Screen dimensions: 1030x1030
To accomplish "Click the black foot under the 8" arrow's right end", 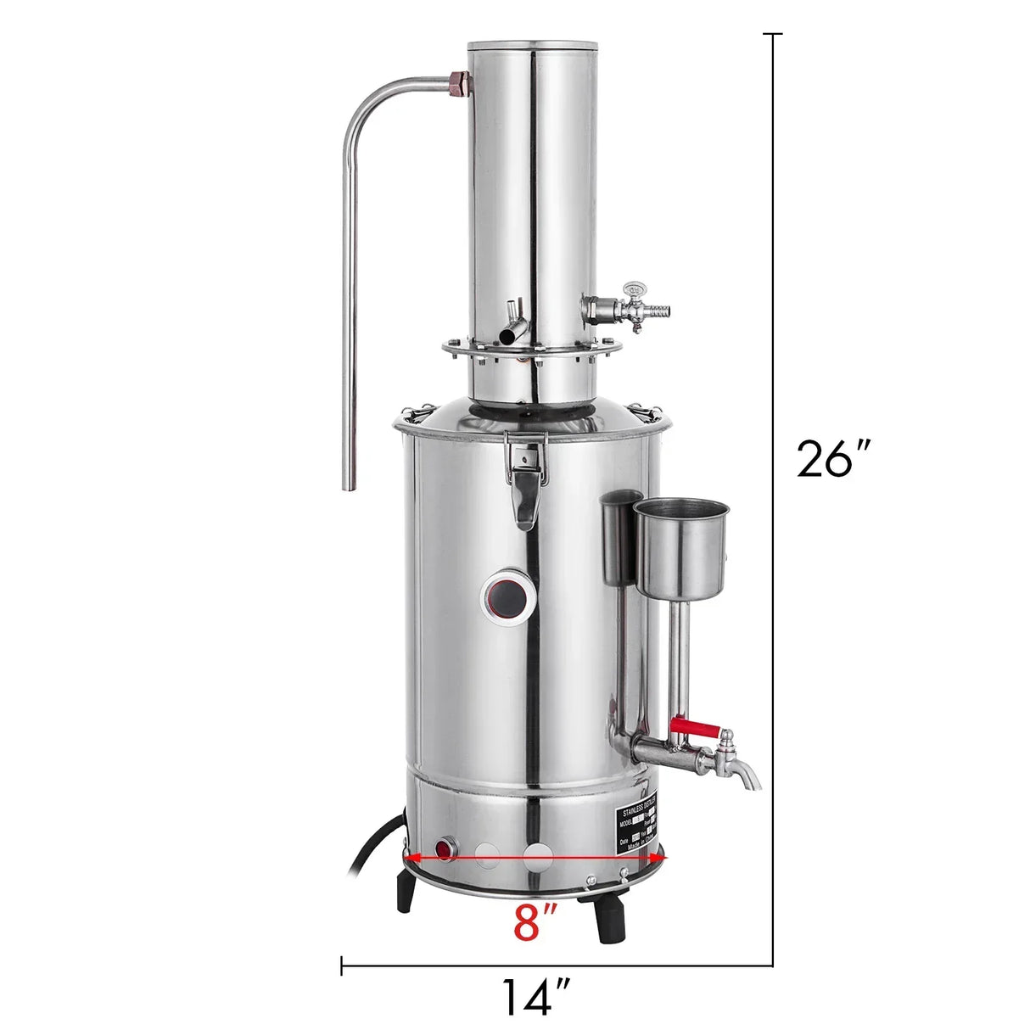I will click(612, 920).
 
